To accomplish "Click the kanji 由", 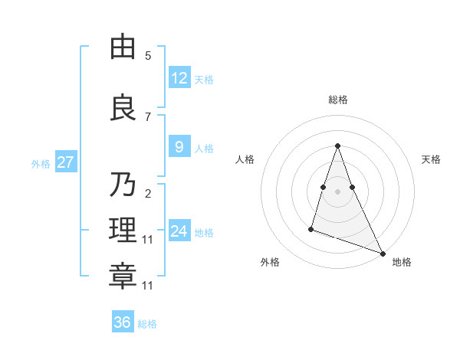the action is click(123, 47).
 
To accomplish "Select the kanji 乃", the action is click(123, 185).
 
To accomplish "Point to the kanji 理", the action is click(123, 231).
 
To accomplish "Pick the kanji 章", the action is click(123, 277).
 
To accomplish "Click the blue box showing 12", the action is click(179, 78).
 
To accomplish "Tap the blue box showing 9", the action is click(179, 147).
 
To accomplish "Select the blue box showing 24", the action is click(179, 231).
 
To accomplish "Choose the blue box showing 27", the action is click(66, 162).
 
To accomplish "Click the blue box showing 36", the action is click(123, 322).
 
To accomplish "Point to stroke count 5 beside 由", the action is click(148, 56).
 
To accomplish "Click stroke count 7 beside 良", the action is click(148, 116).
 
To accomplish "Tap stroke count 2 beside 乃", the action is click(148, 193).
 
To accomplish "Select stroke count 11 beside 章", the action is click(148, 286).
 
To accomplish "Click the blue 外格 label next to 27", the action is click(41, 163).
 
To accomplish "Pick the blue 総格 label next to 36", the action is click(147, 324).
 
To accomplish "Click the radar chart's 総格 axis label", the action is click(338, 100).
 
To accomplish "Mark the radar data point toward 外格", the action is click(311, 228).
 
